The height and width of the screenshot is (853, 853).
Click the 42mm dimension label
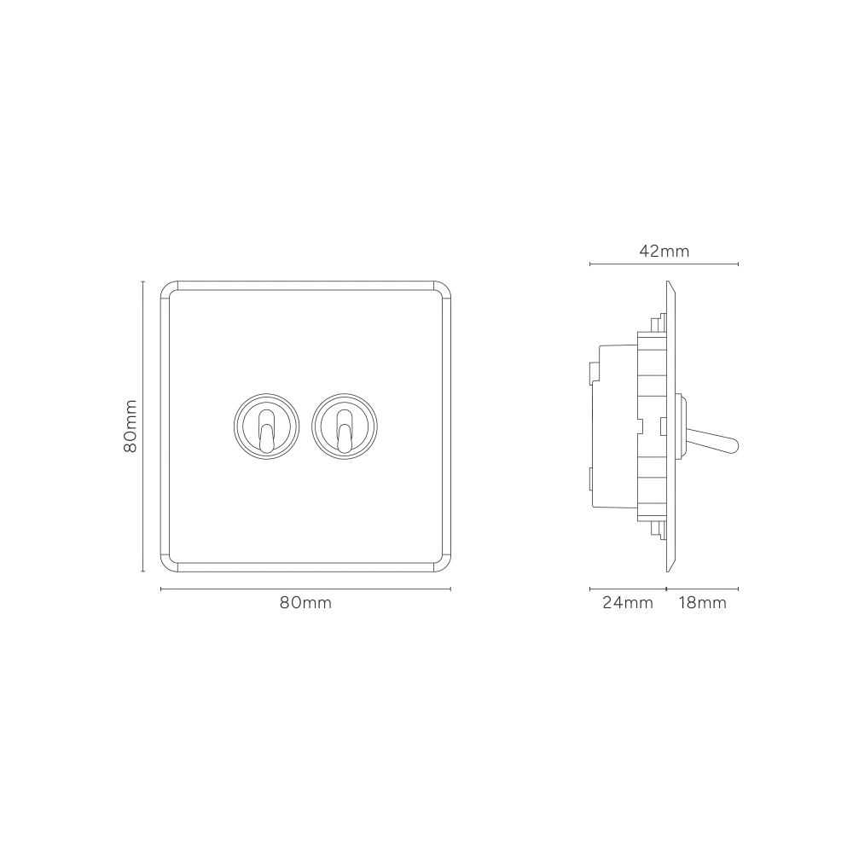point(664,252)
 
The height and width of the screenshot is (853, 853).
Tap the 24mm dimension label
point(628,603)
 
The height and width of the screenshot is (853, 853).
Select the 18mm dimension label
point(702,603)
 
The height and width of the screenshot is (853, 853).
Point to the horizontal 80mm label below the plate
point(305,603)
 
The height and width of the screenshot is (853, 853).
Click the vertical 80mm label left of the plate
point(131,426)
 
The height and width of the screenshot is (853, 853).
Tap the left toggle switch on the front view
point(266,426)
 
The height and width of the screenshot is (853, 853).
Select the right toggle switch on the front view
point(345,426)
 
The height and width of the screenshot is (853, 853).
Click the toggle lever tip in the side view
point(735,445)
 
